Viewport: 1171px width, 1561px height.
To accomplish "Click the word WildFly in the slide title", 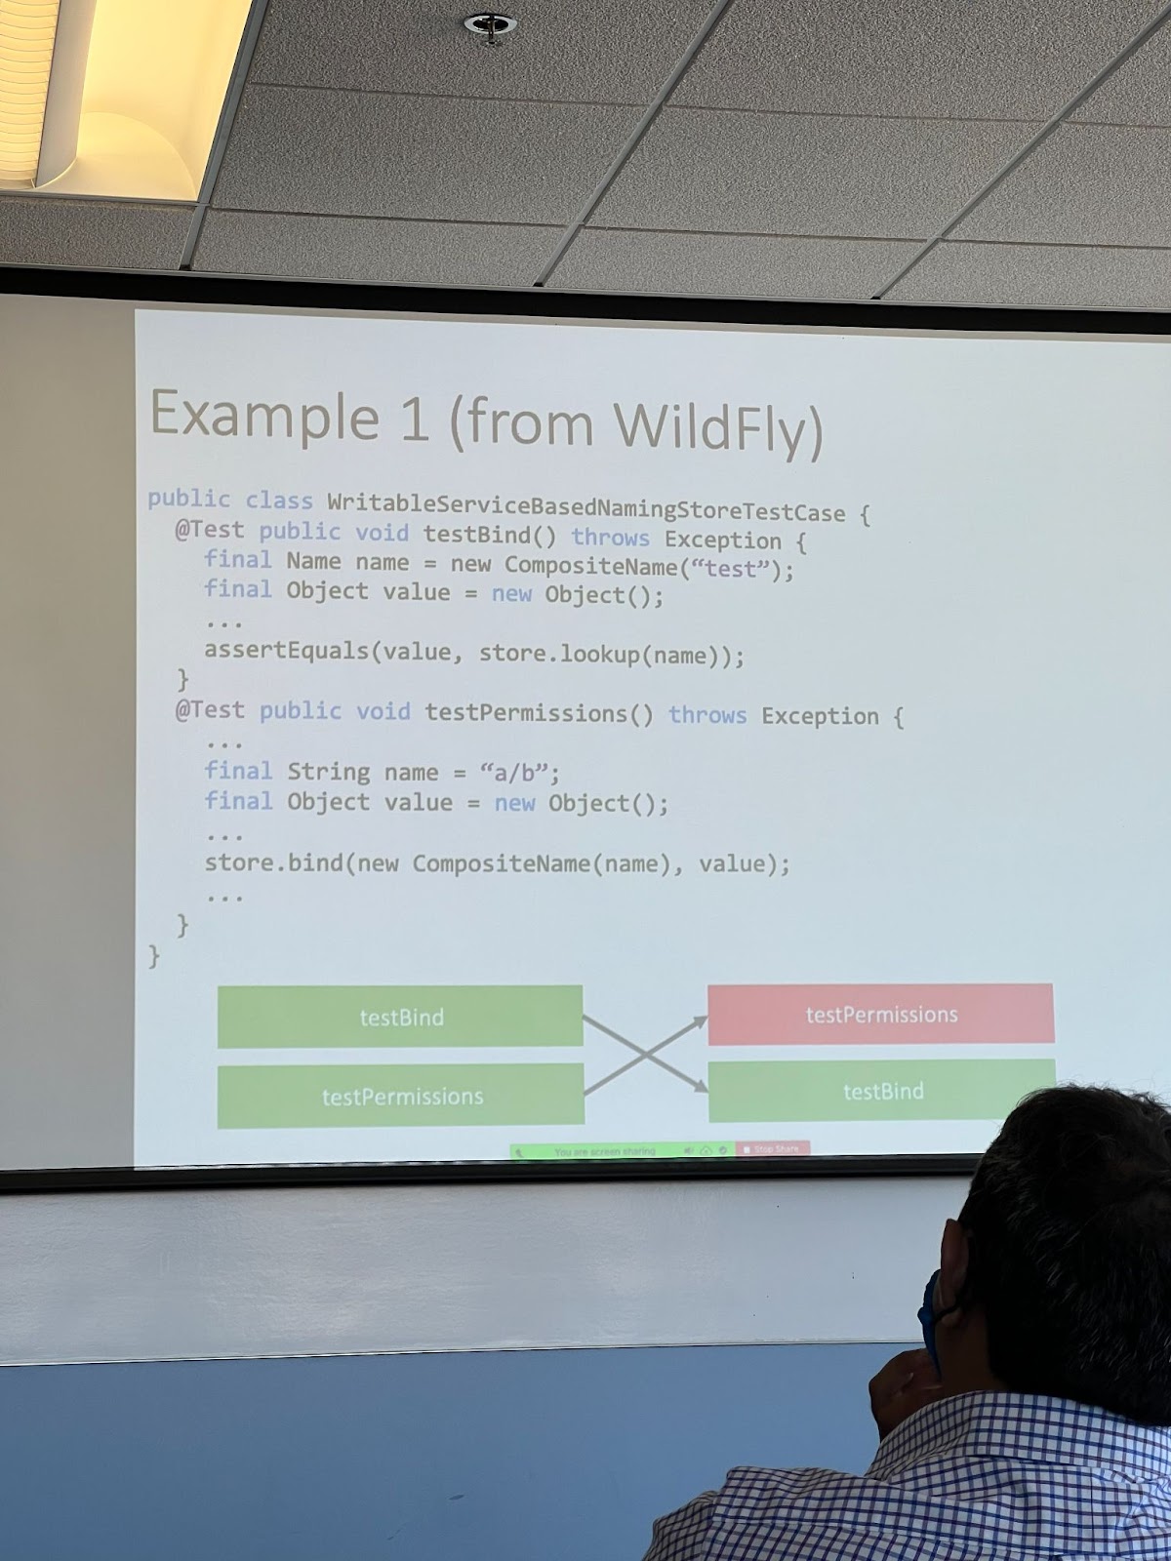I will (717, 427).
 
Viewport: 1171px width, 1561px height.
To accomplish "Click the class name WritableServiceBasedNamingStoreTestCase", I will (585, 508).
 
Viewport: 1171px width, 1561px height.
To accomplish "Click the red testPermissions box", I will (880, 1015).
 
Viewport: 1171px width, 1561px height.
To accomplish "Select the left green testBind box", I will (400, 1017).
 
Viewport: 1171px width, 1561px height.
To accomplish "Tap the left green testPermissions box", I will (401, 1097).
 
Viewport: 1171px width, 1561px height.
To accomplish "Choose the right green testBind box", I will (882, 1091).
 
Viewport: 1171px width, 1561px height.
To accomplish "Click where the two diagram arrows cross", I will (645, 1054).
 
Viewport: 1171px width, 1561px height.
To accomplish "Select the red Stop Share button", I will (772, 1149).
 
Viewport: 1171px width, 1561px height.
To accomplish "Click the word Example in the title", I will (263, 415).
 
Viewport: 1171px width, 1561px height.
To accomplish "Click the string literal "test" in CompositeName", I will (730, 568).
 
